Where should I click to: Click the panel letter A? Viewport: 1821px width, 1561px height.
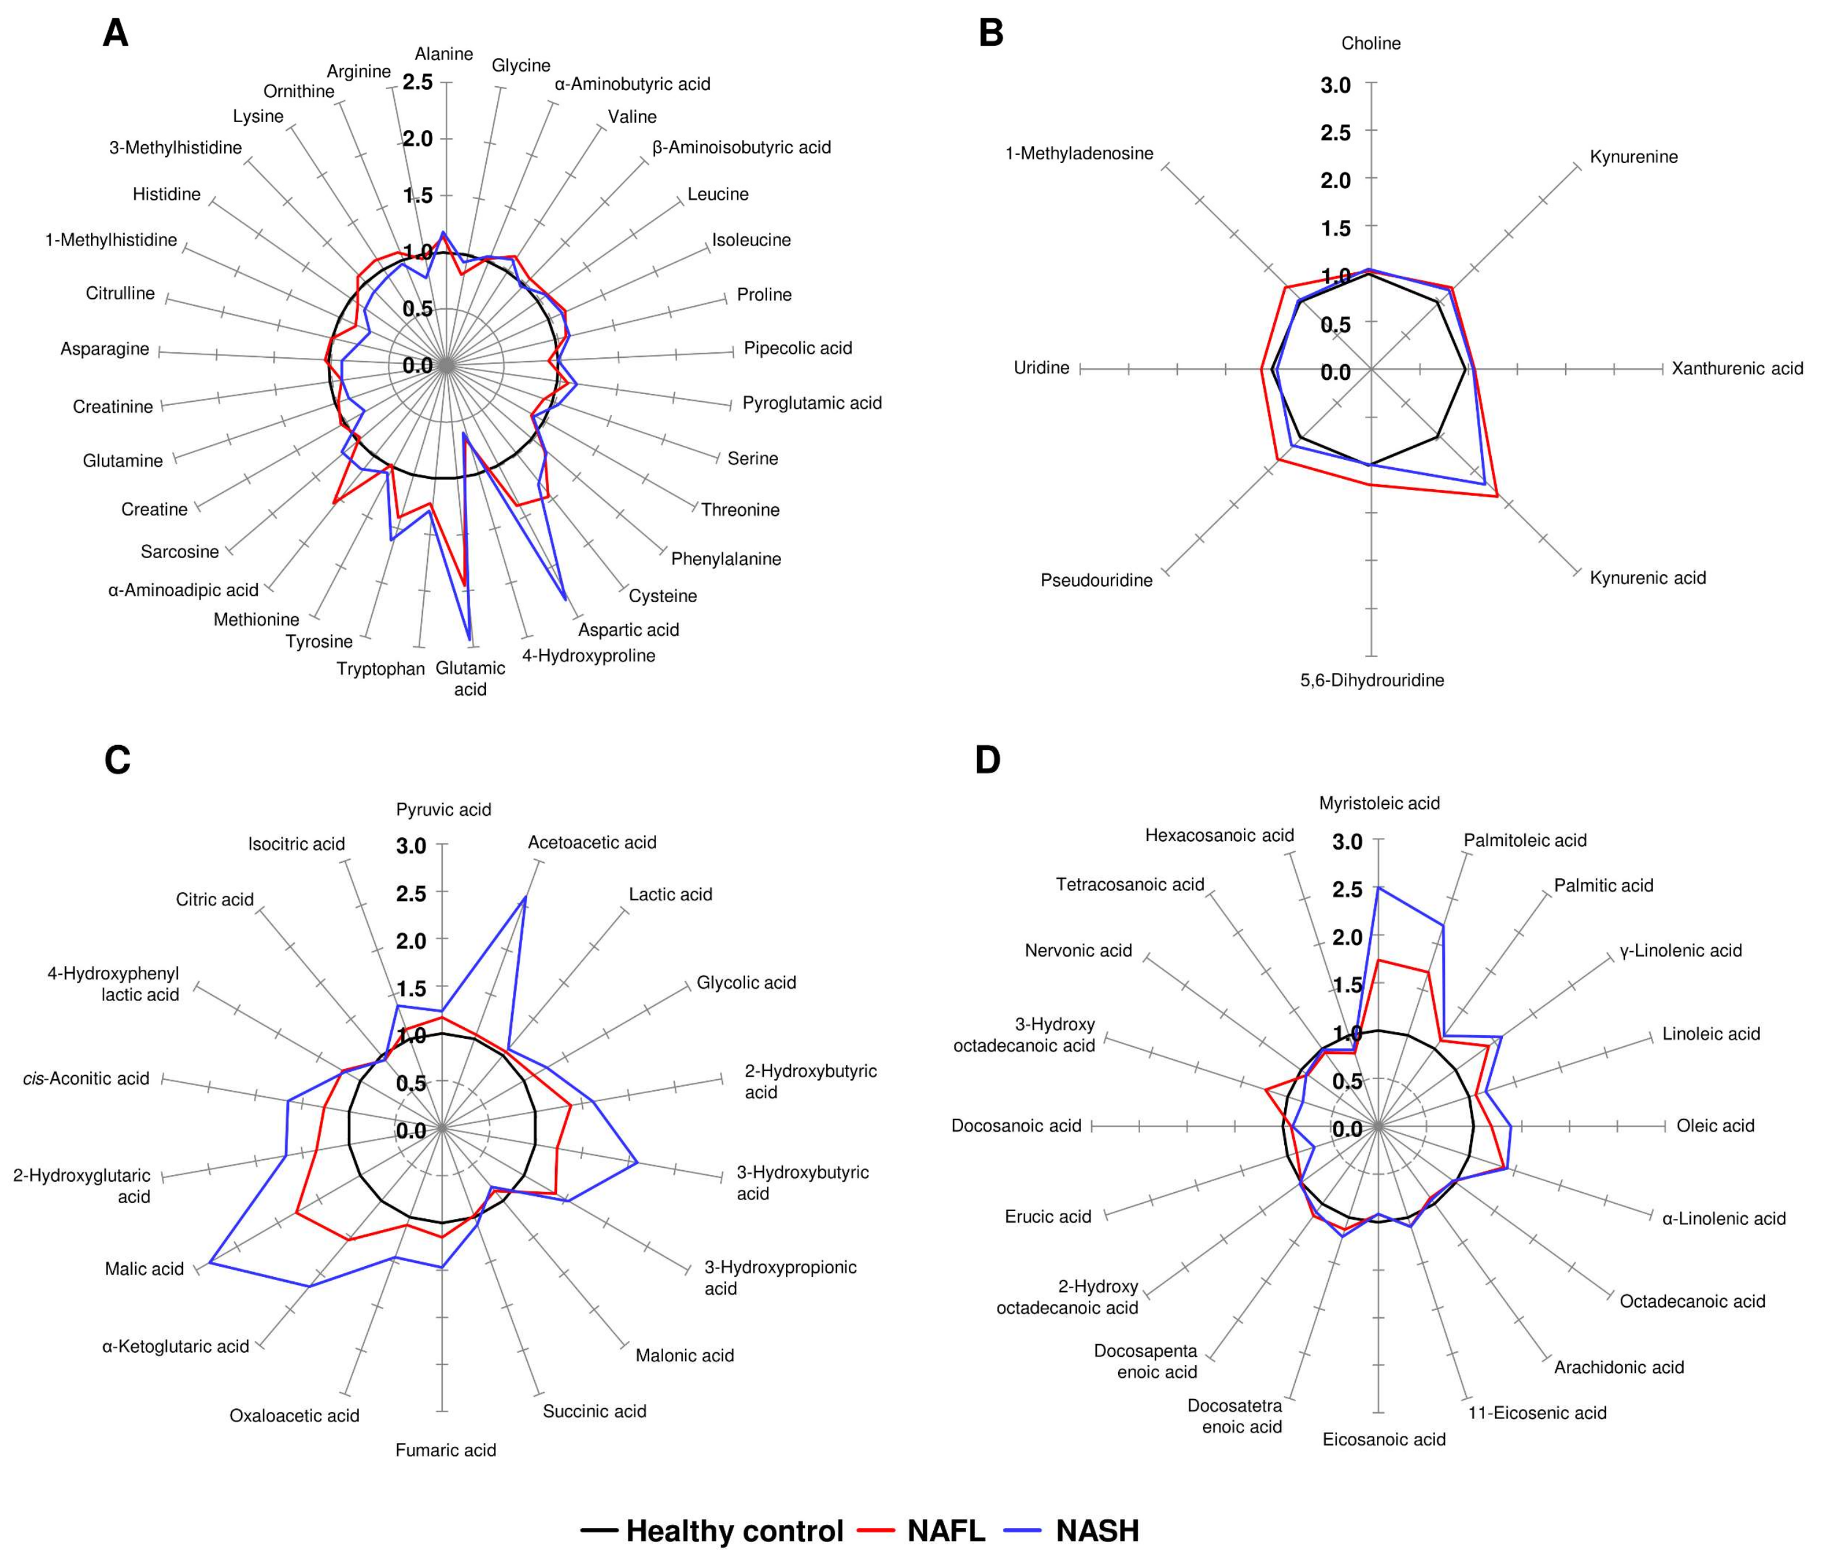pyautogui.click(x=115, y=34)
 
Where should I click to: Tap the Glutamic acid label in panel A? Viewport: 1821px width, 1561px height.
pyautogui.click(x=470, y=678)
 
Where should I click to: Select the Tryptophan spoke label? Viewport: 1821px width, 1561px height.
pyautogui.click(x=380, y=669)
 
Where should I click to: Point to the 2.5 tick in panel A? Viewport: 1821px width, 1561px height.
pyautogui.click(x=418, y=82)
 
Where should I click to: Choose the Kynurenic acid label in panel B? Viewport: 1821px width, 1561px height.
pyautogui.click(x=1647, y=578)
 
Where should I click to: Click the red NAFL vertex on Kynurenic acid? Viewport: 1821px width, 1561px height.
pyautogui.click(x=1497, y=497)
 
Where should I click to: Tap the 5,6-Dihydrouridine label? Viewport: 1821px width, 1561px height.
pyautogui.click(x=1372, y=679)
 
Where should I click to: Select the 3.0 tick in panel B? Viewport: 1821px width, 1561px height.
pyautogui.click(x=1336, y=86)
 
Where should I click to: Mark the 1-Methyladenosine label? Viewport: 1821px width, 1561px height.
pyautogui.click(x=1079, y=153)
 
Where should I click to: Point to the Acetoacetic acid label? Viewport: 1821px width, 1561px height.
pyautogui.click(x=592, y=842)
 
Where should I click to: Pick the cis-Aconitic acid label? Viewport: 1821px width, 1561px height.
pyautogui.click(x=86, y=1079)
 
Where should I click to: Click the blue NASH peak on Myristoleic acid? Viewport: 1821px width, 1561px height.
pyautogui.click(x=1379, y=888)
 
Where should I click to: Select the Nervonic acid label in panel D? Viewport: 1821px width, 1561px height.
pyautogui.click(x=1078, y=950)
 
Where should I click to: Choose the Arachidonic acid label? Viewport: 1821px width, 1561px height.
pyautogui.click(x=1619, y=1367)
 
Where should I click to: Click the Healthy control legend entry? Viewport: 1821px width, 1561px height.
pyautogui.click(x=734, y=1530)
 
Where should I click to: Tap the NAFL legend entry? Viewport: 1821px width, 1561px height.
pyautogui.click(x=946, y=1530)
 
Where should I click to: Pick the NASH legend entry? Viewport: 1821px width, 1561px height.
pyautogui.click(x=1097, y=1530)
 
